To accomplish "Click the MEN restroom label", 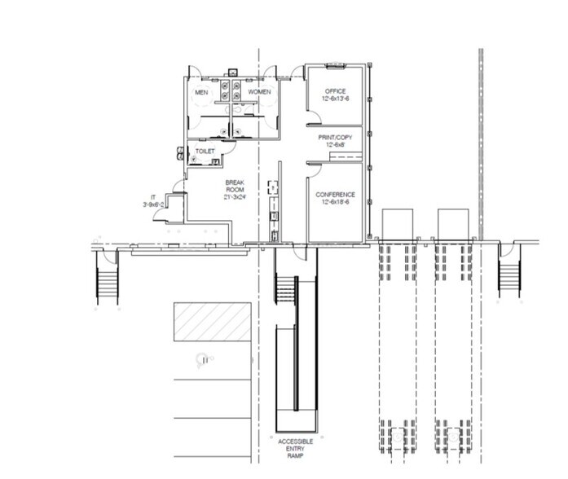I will (x=200, y=93).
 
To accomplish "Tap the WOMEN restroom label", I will (x=259, y=93).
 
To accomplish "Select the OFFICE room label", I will (x=336, y=91).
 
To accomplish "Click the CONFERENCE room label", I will (x=336, y=195).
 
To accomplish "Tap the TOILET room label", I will (x=205, y=152).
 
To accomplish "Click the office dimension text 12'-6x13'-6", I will (x=336, y=99).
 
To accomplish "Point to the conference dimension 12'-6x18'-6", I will (x=336, y=203).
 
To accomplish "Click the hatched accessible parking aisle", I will (x=211, y=323).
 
